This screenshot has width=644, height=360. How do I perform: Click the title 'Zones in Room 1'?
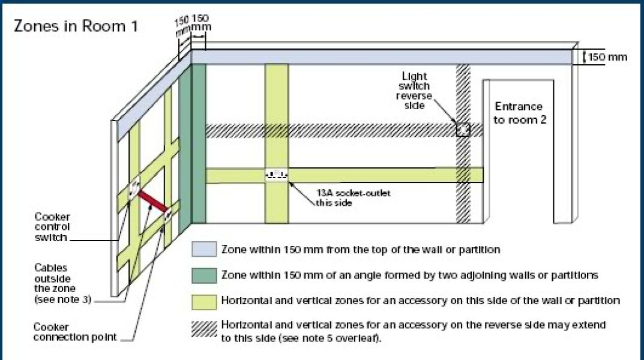[76, 27]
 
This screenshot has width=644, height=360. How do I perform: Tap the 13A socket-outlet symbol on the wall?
[277, 175]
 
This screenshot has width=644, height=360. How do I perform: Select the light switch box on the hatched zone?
[462, 130]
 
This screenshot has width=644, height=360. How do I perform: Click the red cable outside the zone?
[152, 201]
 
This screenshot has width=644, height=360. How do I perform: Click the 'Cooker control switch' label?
[52, 227]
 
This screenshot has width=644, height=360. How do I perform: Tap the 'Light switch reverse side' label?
[414, 91]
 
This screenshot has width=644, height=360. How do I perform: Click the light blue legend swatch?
[203, 249]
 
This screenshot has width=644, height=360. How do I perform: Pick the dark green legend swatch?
[203, 275]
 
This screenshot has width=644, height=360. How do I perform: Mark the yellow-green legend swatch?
[203, 300]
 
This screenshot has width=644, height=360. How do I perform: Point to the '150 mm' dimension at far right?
[607, 58]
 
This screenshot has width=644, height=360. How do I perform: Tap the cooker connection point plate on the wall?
[167, 214]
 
